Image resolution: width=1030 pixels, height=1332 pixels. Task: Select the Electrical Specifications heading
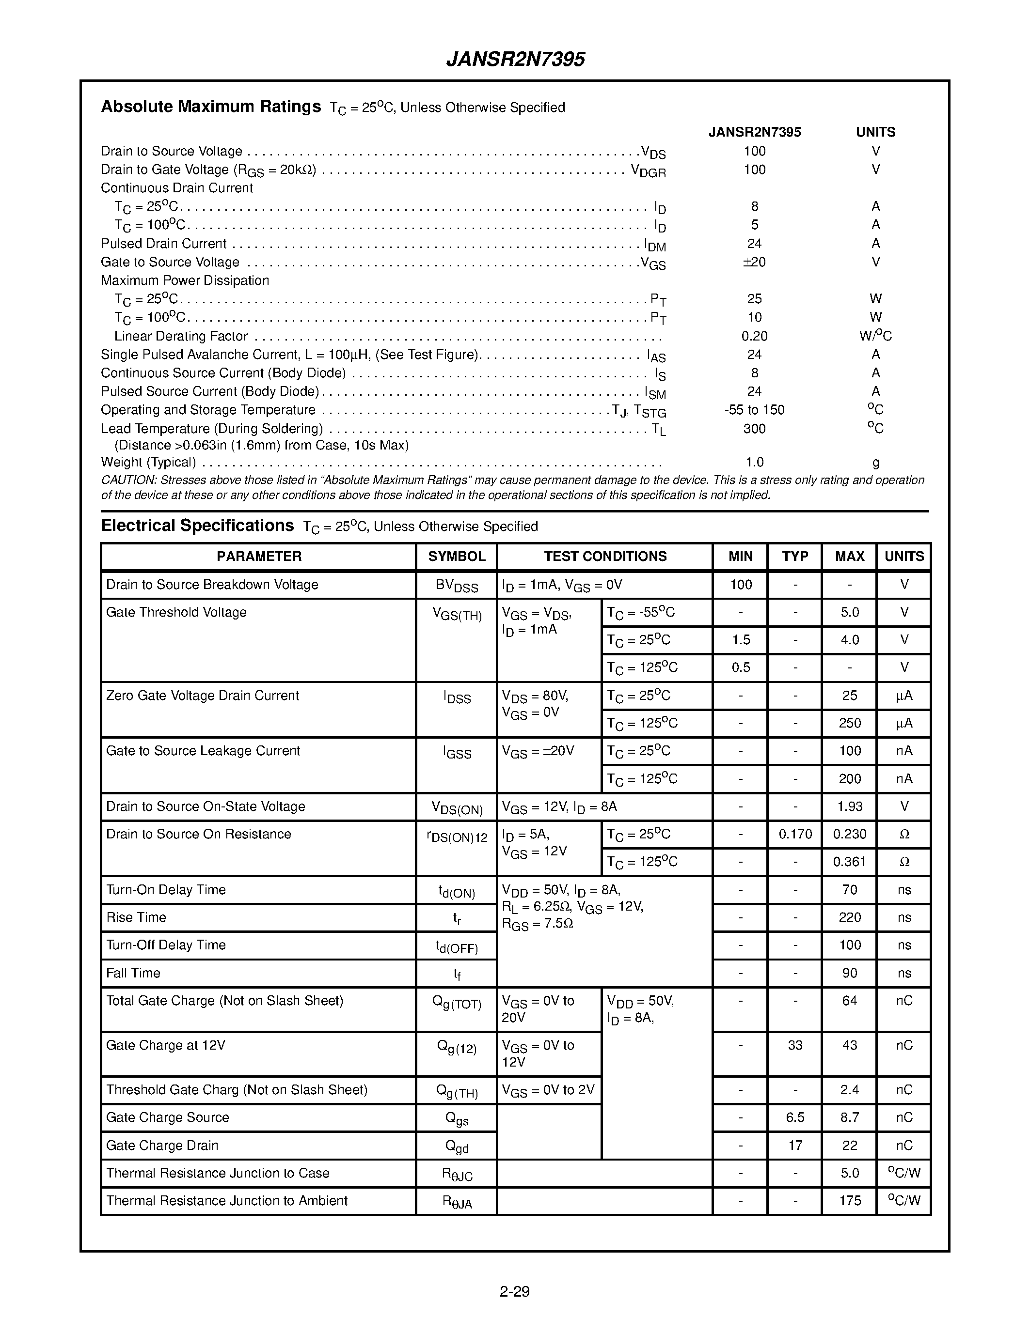pos(197,526)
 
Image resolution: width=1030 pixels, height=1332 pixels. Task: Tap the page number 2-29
pos(514,1291)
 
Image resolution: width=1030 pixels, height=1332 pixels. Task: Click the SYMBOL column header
pos(457,556)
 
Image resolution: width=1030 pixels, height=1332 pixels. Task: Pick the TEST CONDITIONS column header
pos(605,556)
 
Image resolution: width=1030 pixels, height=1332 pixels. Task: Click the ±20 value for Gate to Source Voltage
pos(754,262)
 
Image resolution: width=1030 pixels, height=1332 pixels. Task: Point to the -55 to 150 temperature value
pos(754,410)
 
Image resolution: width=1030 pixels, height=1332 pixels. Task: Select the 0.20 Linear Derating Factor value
pos(754,336)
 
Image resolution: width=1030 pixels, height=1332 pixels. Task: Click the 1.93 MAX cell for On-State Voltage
pos(849,806)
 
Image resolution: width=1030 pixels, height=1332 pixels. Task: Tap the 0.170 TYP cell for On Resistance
pos(795,834)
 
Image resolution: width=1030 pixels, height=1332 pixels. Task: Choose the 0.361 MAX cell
pos(849,862)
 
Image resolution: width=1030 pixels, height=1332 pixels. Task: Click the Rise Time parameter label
pos(136,917)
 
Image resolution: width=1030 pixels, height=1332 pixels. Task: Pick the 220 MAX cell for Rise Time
pos(849,917)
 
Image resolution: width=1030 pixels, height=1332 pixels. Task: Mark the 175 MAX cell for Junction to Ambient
pos(849,1200)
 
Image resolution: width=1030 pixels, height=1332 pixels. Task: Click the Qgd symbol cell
pos(457,1146)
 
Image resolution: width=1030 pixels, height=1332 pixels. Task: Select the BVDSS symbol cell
pos(457,586)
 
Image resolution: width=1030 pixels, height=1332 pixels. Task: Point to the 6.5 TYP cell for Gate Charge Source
pos(795,1117)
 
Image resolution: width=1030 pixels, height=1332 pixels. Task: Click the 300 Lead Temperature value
pos(754,429)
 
